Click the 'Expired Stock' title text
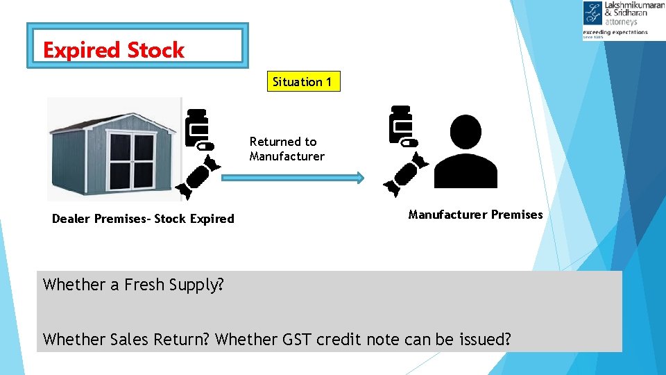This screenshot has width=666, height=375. [114, 50]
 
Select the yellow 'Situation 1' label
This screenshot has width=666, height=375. [298, 82]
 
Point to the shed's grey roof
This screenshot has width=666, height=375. [111, 119]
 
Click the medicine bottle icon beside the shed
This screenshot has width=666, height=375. [197, 129]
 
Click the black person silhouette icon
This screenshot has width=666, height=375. [466, 151]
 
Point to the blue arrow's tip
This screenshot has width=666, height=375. [361, 178]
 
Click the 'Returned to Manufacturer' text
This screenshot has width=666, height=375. [287, 149]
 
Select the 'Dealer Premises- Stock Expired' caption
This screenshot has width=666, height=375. [143, 219]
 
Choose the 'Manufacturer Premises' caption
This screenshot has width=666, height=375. [475, 215]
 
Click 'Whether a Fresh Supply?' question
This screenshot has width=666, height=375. [133, 284]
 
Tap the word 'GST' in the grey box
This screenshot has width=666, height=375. [298, 340]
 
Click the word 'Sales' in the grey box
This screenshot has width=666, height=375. [128, 340]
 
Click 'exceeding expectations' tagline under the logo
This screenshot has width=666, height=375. [615, 32]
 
